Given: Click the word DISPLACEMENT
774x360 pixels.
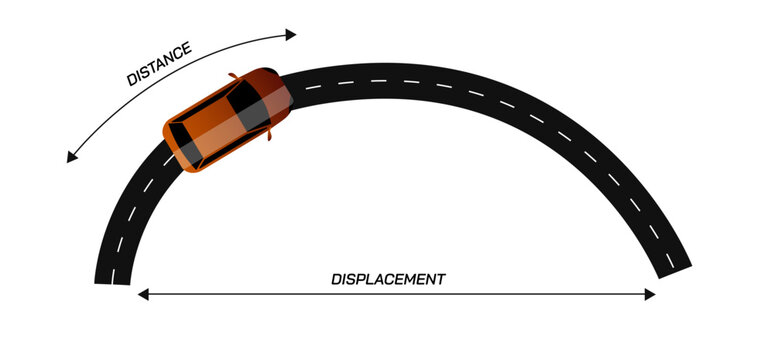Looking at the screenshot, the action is coord(388,279).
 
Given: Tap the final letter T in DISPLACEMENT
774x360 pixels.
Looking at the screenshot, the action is coord(440,279).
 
